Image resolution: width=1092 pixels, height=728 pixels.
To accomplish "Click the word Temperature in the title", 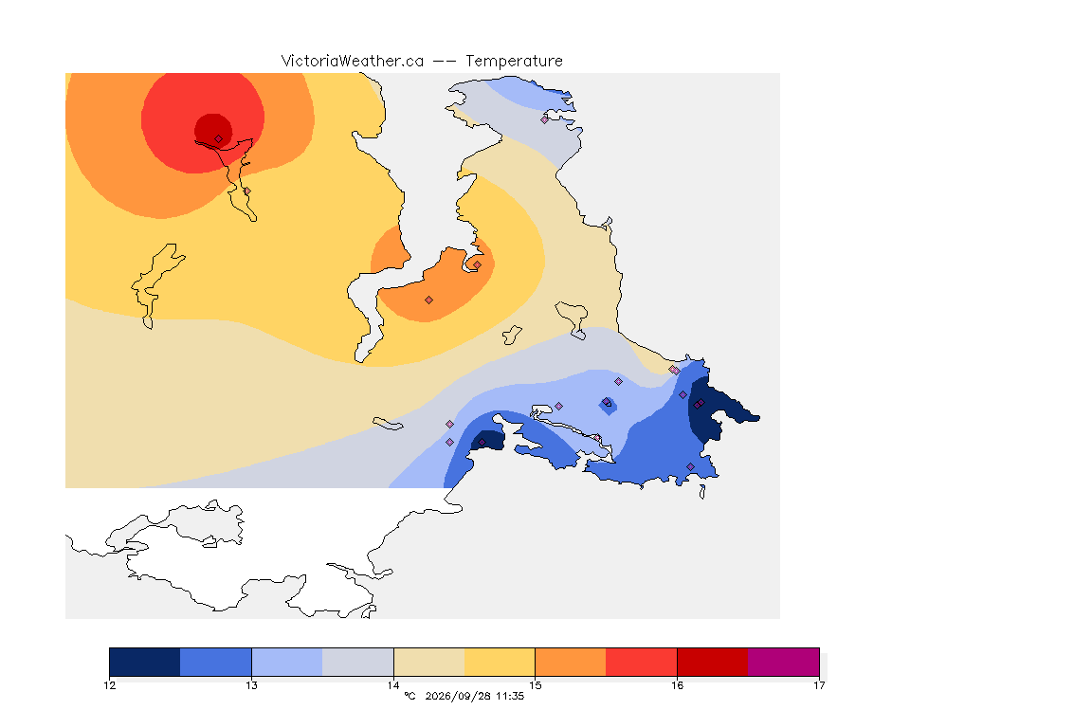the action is [514, 62].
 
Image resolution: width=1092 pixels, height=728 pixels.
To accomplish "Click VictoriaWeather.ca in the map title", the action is [353, 62].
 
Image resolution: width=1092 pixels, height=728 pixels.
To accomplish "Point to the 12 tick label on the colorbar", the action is [109, 685].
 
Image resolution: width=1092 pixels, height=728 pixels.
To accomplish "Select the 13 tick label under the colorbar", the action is [251, 685].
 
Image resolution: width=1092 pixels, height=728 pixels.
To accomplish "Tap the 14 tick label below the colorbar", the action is [393, 685].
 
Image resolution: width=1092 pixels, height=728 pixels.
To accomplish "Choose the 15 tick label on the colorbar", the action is [535, 685].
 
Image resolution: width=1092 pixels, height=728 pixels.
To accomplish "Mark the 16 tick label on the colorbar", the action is [677, 685].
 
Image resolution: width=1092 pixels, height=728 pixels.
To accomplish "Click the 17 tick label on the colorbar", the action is [819, 685].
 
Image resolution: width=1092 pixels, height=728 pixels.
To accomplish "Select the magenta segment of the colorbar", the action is [784, 662].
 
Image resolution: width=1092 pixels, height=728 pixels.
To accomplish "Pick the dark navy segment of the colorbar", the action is [145, 662].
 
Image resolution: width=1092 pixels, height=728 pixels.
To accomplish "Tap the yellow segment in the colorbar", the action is [500, 662].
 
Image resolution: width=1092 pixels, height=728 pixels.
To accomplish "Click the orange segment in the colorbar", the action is [571, 662].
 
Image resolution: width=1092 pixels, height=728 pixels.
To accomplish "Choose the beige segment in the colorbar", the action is [429, 662].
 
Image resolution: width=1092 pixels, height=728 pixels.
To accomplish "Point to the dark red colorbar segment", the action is [713, 662].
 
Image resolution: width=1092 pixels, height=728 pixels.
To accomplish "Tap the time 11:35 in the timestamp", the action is [510, 696].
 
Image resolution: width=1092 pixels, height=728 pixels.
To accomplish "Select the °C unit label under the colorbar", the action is [409, 696].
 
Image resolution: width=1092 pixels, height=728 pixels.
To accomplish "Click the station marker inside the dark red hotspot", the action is [219, 139].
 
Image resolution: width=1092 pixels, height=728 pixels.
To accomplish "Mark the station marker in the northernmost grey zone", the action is [545, 119].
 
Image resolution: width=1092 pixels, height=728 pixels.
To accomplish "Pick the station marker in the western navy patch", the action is [482, 443].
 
